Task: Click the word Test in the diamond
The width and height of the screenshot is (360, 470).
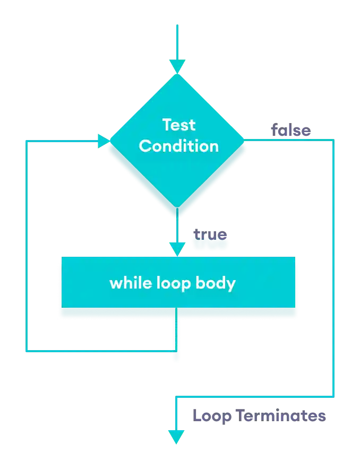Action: tap(178, 125)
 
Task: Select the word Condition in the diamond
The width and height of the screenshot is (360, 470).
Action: tap(178, 146)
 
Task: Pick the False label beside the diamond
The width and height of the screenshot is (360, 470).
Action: tap(291, 130)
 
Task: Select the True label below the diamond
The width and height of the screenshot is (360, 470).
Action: tap(209, 238)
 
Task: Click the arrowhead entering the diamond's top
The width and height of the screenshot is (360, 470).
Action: tap(177, 67)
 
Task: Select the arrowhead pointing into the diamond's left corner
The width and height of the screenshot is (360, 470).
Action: tap(103, 141)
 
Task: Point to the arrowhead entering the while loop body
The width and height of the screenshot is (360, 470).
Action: tap(176, 248)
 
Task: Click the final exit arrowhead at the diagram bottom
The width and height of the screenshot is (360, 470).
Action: tap(175, 437)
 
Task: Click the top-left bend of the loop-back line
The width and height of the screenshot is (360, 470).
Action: tap(27, 142)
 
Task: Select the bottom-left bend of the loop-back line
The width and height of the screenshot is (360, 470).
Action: tap(27, 350)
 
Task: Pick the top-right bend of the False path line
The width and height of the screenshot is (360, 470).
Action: tap(334, 139)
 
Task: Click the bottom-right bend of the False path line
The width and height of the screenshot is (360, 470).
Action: tap(334, 396)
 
